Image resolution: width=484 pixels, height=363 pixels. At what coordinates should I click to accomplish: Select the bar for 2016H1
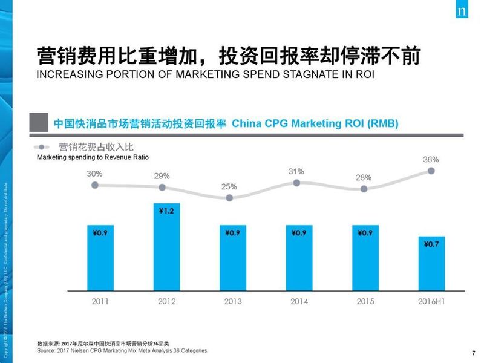click(431, 263)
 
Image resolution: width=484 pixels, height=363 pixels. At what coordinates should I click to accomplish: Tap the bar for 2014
click(296, 257)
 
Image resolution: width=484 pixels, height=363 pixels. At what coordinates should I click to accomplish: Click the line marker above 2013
click(229, 198)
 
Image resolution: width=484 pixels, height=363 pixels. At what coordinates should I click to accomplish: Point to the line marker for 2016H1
click(431, 171)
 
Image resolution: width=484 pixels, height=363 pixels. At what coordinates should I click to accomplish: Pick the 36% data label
click(431, 160)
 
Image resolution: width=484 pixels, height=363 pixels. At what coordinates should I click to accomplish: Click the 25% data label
click(229, 186)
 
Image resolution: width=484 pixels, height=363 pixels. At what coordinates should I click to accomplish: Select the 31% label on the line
click(296, 171)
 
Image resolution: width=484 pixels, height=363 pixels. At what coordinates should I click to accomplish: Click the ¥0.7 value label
click(431, 244)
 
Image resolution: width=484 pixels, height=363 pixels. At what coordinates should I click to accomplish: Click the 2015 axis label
click(364, 301)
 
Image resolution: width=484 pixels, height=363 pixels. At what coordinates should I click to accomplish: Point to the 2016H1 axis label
click(431, 301)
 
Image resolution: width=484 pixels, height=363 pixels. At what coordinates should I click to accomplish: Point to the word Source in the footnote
click(46, 350)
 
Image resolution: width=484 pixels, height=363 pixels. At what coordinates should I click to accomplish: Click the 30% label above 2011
click(94, 174)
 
